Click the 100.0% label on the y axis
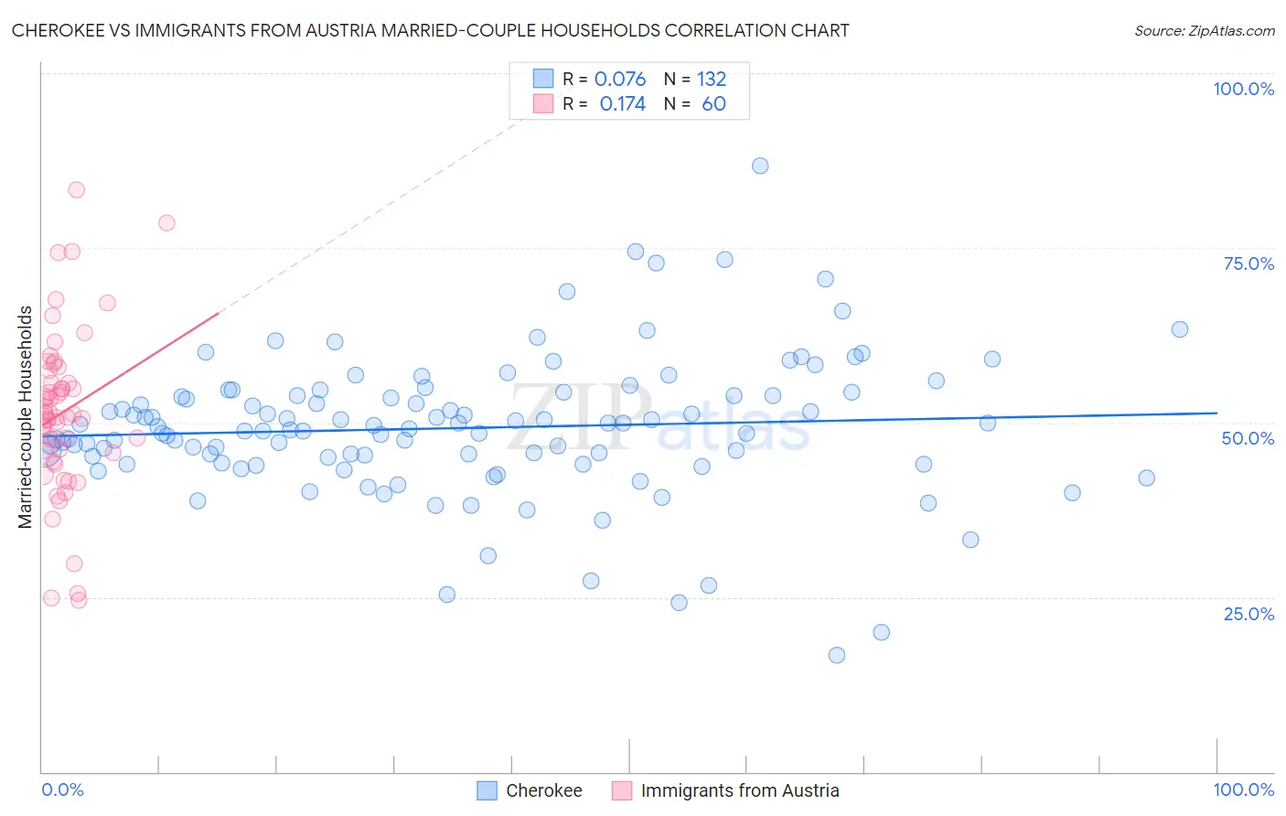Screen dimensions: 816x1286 [1243, 89]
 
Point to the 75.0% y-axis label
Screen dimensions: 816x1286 [1248, 263]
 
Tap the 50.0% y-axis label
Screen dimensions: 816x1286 [1248, 438]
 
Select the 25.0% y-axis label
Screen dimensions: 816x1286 [1248, 614]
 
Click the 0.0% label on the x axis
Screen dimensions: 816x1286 [62, 789]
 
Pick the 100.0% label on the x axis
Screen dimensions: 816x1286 [1243, 789]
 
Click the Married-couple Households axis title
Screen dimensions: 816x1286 [25, 417]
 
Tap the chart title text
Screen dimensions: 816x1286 [430, 30]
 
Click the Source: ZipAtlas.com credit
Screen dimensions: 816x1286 [1204, 30]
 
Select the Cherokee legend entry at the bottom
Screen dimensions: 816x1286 [543, 790]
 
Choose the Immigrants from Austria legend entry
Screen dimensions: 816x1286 [739, 790]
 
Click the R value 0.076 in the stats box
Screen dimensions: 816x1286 [620, 80]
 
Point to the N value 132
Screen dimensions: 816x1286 [712, 80]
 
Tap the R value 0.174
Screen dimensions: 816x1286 [622, 104]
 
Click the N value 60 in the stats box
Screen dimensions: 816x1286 [713, 104]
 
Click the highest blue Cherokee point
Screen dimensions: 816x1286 [760, 166]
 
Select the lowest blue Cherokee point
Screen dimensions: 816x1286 [836, 655]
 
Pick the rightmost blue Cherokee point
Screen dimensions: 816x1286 [1180, 329]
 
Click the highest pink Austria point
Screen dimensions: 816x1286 [77, 189]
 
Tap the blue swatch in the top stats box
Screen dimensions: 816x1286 [543, 79]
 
